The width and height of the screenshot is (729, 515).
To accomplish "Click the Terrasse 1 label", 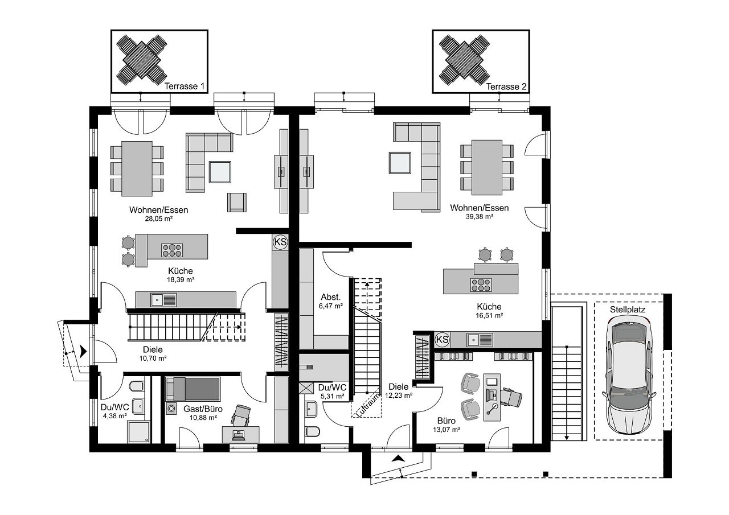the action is (x=185, y=86).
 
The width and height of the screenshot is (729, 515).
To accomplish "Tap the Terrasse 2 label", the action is (x=506, y=87).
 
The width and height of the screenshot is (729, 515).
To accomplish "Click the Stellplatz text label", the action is (x=628, y=310).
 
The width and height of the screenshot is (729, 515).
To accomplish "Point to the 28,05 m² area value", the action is (x=159, y=219).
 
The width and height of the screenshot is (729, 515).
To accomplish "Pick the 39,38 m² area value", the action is (x=480, y=217).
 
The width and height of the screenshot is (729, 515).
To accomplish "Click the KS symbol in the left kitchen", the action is (x=280, y=242).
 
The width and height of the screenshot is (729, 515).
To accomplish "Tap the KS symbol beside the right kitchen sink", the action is (x=442, y=340).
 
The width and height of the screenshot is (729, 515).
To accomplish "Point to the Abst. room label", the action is (x=331, y=297).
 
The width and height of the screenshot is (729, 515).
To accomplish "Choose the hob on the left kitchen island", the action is (x=172, y=250).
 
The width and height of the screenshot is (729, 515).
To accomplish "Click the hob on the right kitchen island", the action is (x=481, y=285).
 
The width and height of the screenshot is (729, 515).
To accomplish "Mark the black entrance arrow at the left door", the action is (x=84, y=352).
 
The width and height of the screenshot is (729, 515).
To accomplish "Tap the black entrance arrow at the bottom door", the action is (x=398, y=459).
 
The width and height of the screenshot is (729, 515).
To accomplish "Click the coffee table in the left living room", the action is (x=220, y=172).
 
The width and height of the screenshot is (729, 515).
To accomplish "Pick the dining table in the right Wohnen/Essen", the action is (x=487, y=168).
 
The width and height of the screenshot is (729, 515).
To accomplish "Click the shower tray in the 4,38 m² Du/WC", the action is (x=139, y=432).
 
